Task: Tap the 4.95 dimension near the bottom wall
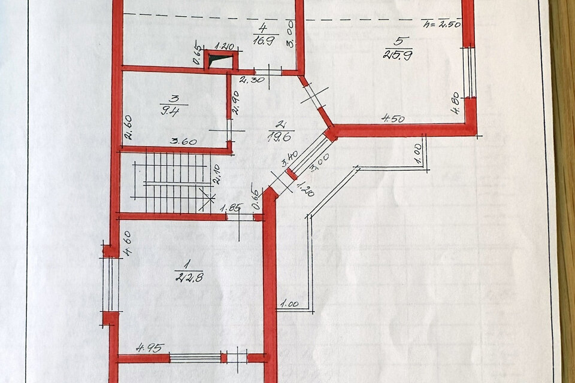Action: pyautogui.click(x=150, y=347)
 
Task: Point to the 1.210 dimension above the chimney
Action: pyautogui.click(x=224, y=46)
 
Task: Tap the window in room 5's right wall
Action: pyautogui.click(x=470, y=72)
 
